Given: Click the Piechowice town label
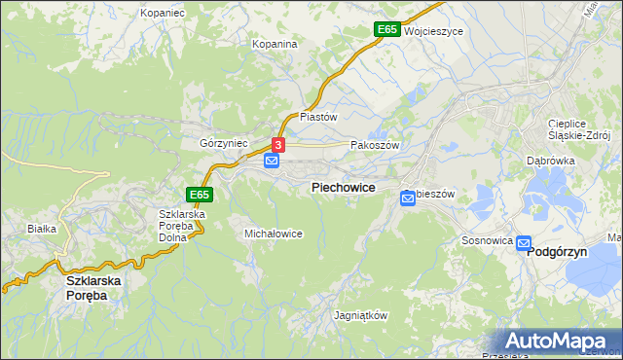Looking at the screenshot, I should pos(343,187).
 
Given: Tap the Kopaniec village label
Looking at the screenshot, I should pos(162,14).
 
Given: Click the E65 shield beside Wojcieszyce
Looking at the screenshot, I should pos(386,30).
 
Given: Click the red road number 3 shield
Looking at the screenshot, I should pos(278,144).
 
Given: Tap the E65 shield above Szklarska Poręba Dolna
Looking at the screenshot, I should pos(200,195).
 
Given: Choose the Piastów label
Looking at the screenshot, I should pos(317,116).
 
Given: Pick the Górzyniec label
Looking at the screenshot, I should pos(224,143).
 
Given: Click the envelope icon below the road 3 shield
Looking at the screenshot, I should pos(272,161).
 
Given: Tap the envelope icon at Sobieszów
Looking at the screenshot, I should pos(409,198).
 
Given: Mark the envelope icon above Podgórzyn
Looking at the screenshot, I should pos(524,243).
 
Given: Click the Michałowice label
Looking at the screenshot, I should pos(274,234).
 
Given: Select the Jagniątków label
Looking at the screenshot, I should pos(361,316).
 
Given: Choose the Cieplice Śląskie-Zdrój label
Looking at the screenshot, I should pos(578,129).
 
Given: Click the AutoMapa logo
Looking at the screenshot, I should pos(556,342).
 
